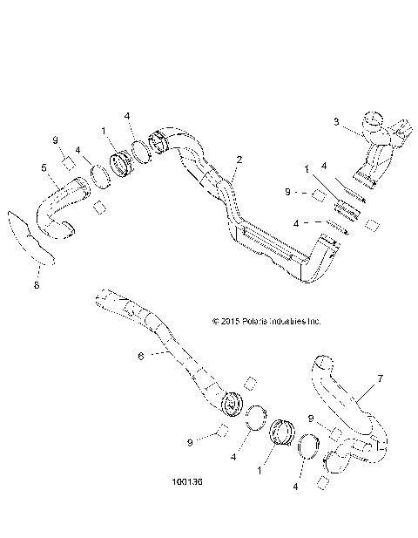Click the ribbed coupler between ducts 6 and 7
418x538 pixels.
coord(283,432)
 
